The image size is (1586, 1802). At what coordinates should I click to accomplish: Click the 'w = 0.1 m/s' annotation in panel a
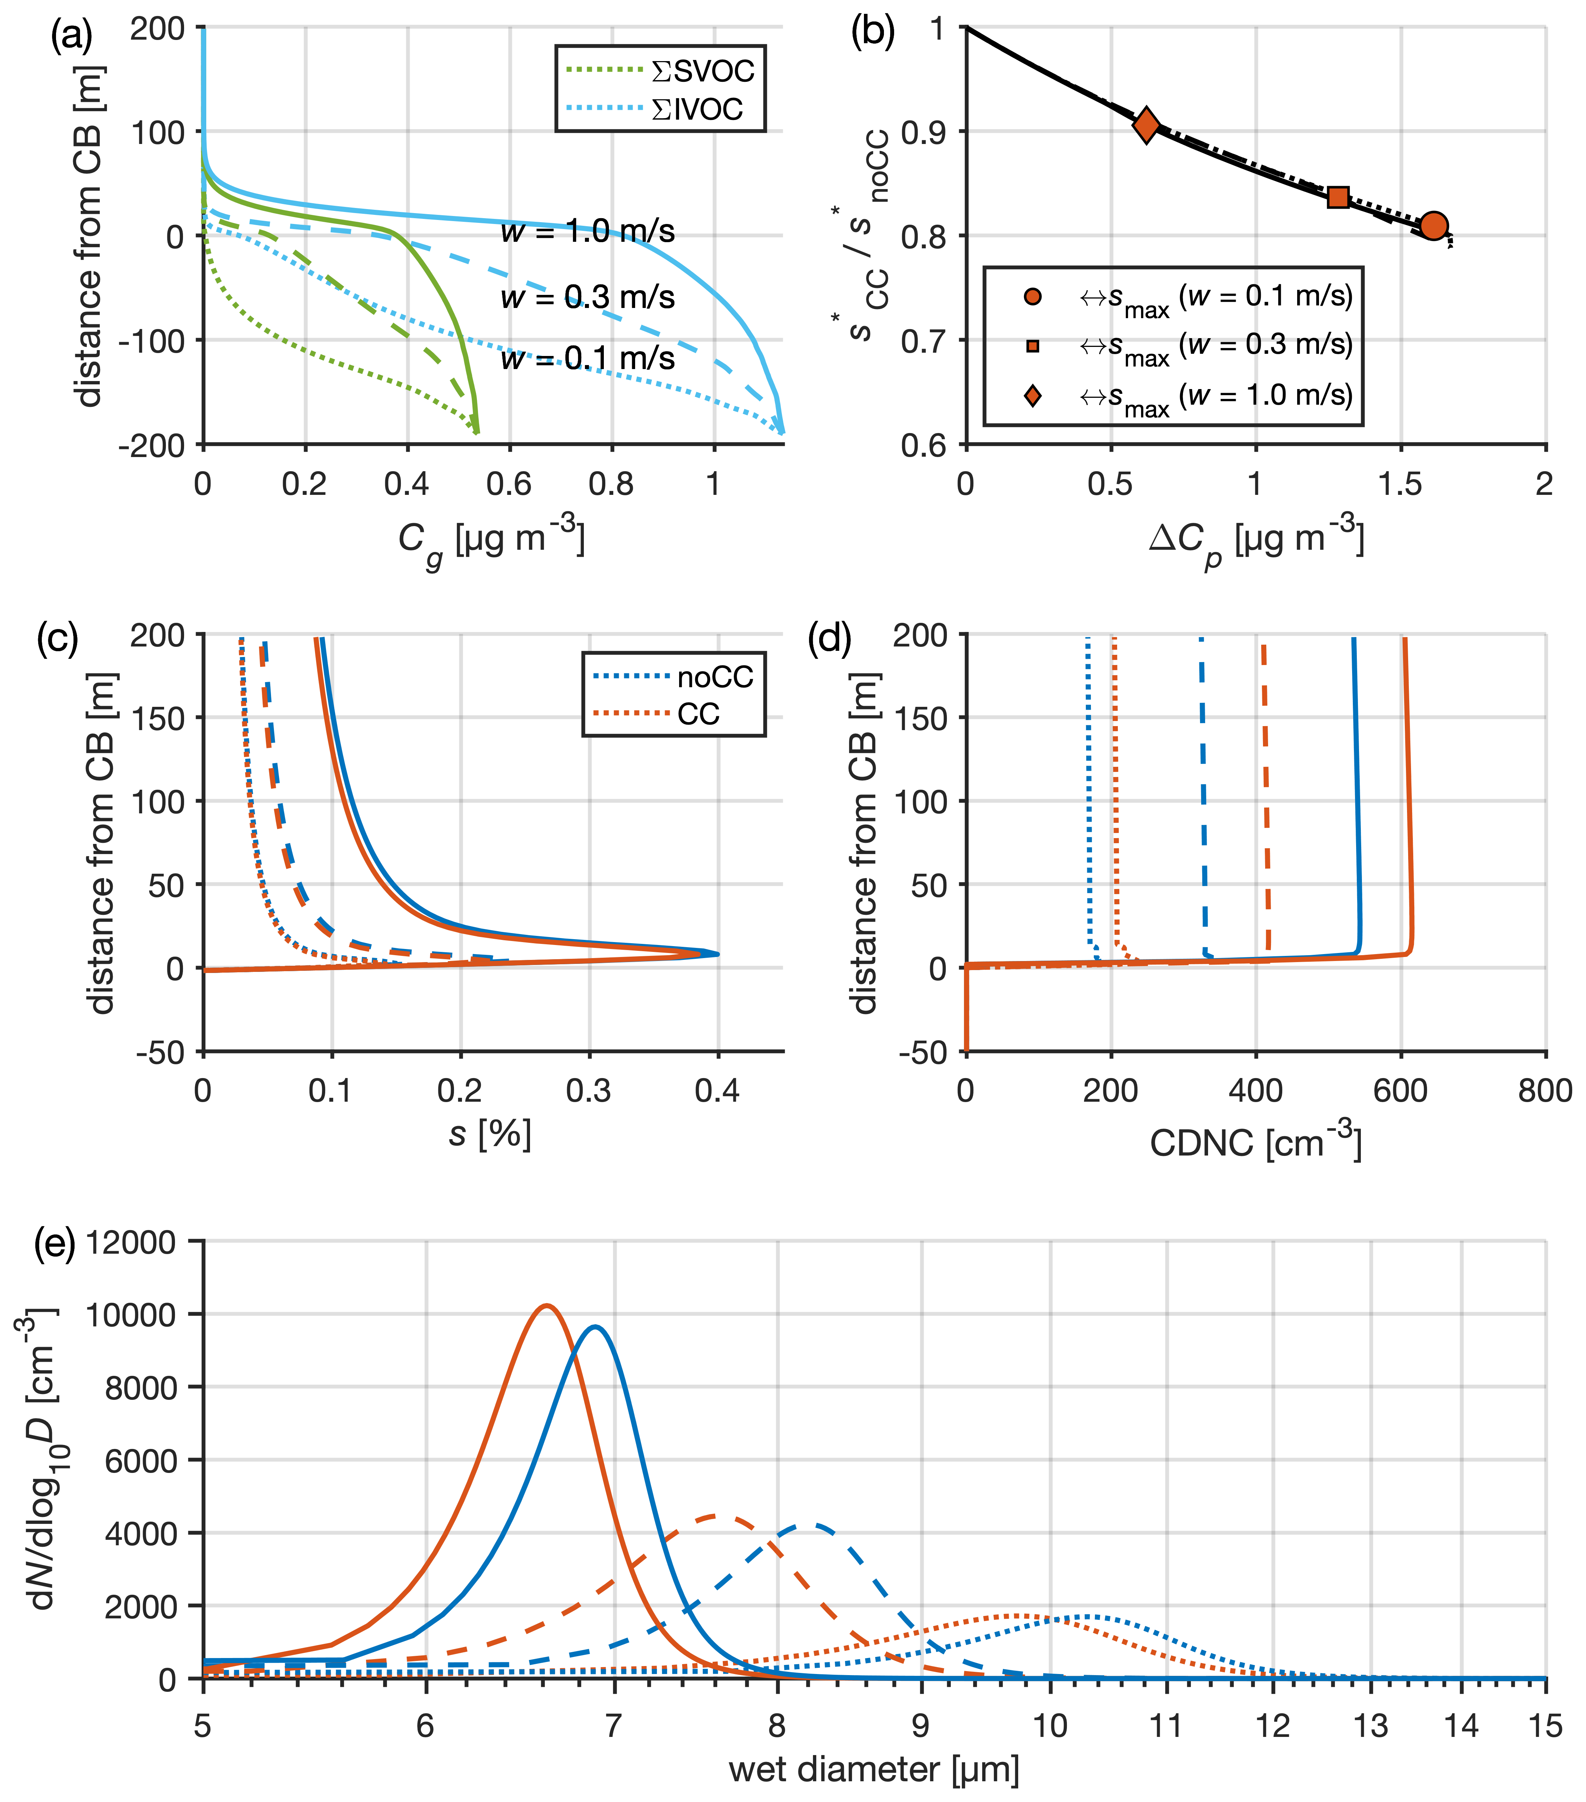click(587, 359)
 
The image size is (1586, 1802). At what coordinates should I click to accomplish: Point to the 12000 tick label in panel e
click(131, 1243)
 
